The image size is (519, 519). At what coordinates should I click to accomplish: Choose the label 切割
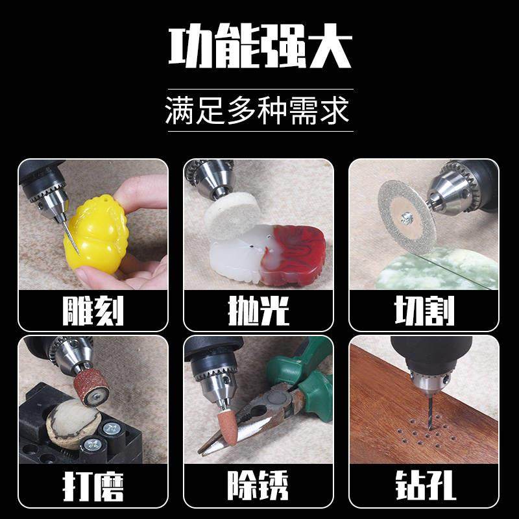click(x=424, y=311)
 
